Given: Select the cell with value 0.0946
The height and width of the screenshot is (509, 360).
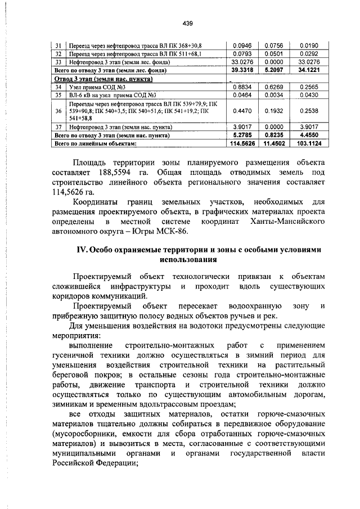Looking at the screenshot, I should [x=243, y=46].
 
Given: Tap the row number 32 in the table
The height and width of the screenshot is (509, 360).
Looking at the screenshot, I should [x=58, y=54].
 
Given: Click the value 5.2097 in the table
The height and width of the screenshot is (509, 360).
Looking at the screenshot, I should [x=276, y=70].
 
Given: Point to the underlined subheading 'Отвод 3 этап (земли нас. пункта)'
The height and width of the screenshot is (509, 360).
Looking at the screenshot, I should [x=105, y=79].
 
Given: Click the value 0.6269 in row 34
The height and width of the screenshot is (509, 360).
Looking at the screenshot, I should [x=276, y=87].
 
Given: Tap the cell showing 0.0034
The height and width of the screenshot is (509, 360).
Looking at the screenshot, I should [x=276, y=96].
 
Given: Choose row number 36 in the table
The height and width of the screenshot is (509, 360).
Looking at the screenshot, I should [x=58, y=111].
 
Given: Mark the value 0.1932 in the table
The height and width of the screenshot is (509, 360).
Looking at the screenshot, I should [x=276, y=111].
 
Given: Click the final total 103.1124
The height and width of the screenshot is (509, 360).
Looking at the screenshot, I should [x=309, y=143].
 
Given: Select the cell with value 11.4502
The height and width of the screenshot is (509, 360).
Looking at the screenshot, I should [x=276, y=143].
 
